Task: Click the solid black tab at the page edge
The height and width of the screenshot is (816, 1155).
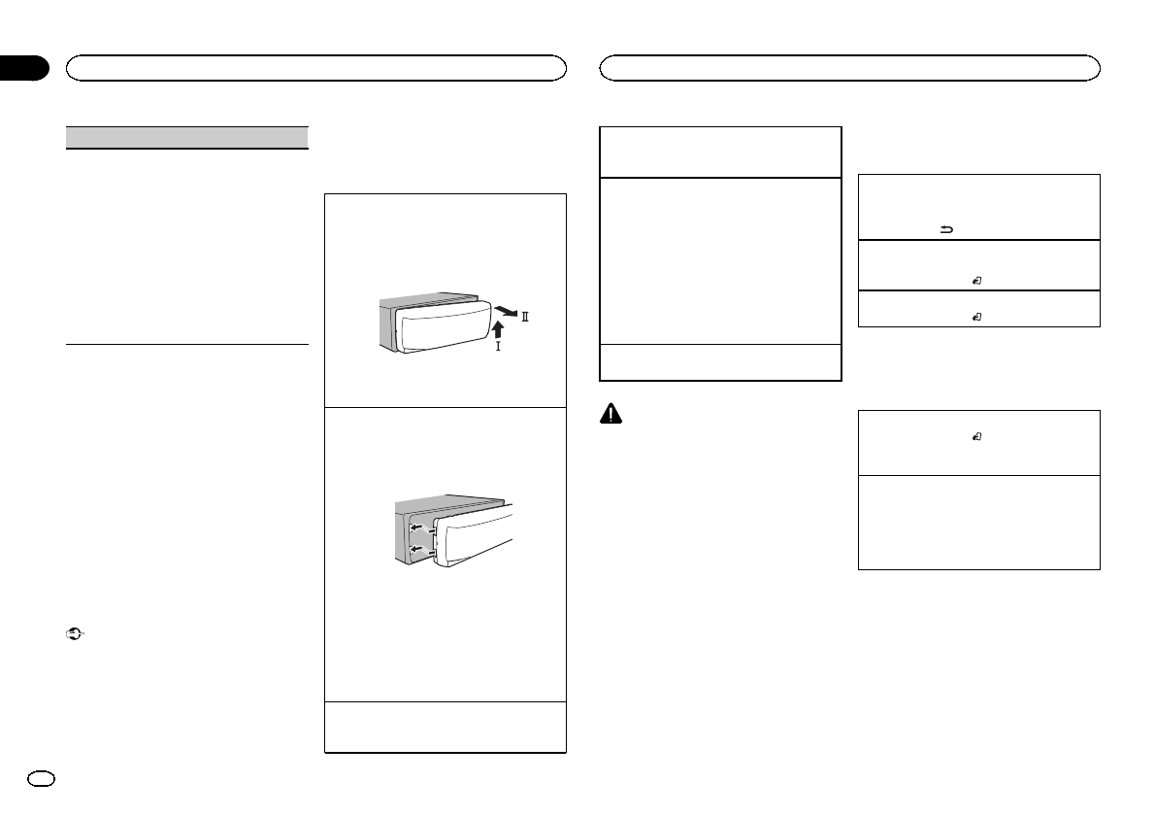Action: [x=23, y=68]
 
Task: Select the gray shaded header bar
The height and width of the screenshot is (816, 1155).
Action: [x=185, y=136]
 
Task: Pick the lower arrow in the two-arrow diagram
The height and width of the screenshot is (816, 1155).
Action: [x=418, y=552]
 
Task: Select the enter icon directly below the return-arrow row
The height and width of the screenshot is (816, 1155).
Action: [x=976, y=280]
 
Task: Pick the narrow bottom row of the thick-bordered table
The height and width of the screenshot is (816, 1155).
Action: [x=718, y=362]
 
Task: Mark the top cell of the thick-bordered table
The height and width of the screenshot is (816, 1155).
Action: [x=718, y=151]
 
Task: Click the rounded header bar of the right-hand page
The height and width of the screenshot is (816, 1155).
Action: [x=850, y=67]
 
